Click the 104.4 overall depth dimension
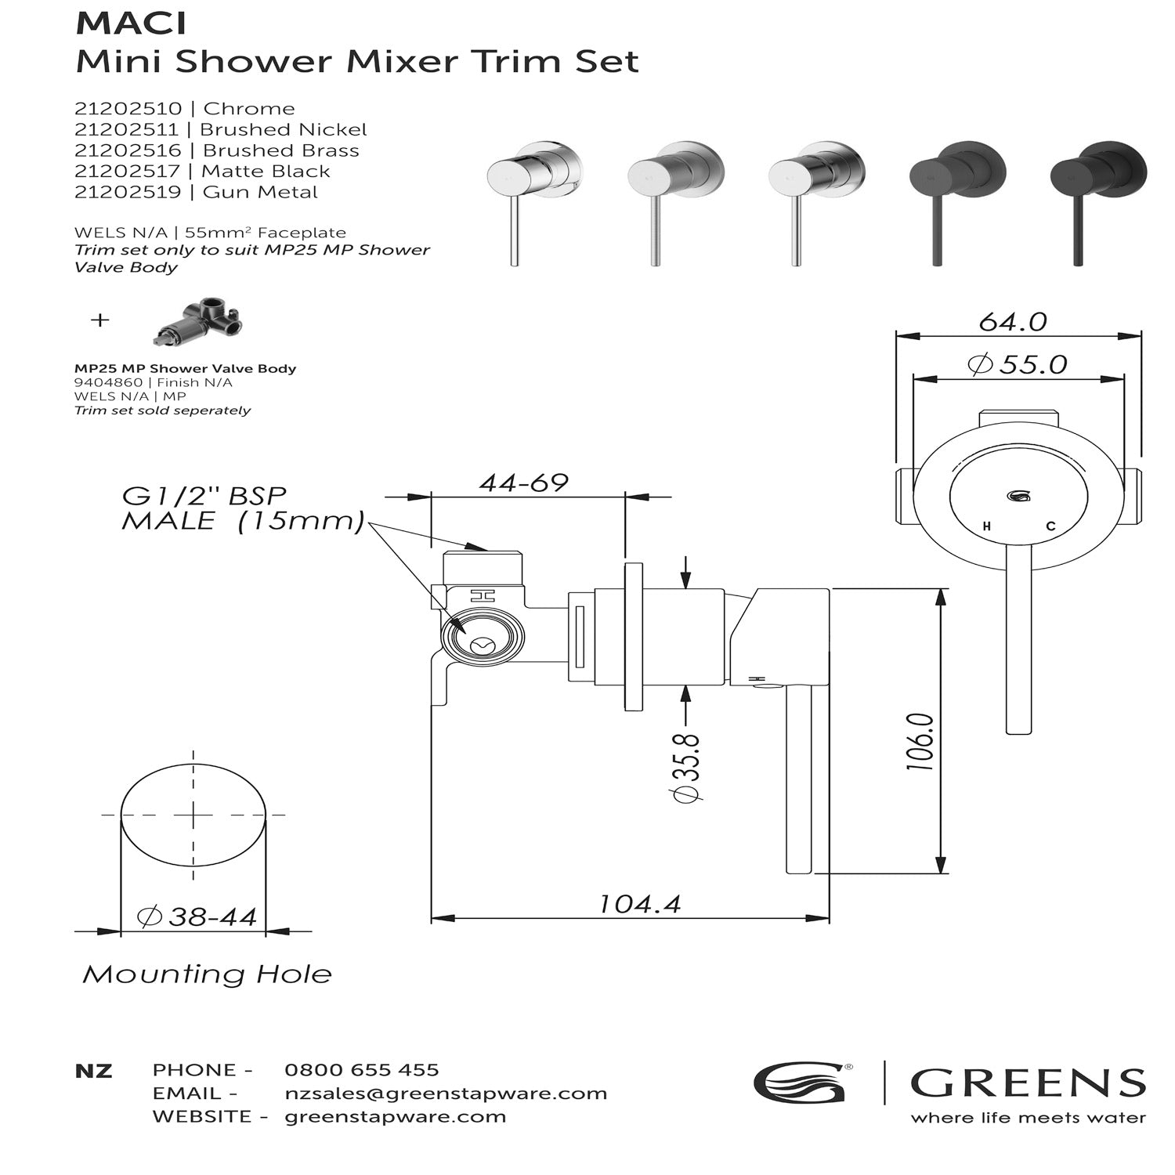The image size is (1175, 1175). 639,904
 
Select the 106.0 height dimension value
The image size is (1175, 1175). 920,741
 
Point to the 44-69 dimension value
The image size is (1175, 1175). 523,483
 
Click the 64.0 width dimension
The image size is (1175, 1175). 1013,322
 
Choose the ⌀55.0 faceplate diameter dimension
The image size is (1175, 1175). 1018,364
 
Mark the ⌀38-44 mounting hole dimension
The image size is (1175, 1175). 197,916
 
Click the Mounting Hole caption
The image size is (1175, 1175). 207,974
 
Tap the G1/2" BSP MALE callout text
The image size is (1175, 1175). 242,508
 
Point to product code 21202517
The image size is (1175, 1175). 128,172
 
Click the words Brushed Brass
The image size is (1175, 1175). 280,150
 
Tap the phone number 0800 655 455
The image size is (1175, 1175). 361,1070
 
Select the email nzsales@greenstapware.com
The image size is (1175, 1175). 446,1094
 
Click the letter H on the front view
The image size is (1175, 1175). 986,527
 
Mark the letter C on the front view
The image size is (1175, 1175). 1050,526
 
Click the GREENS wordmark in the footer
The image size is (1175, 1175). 1027,1083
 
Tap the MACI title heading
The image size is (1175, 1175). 131,23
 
